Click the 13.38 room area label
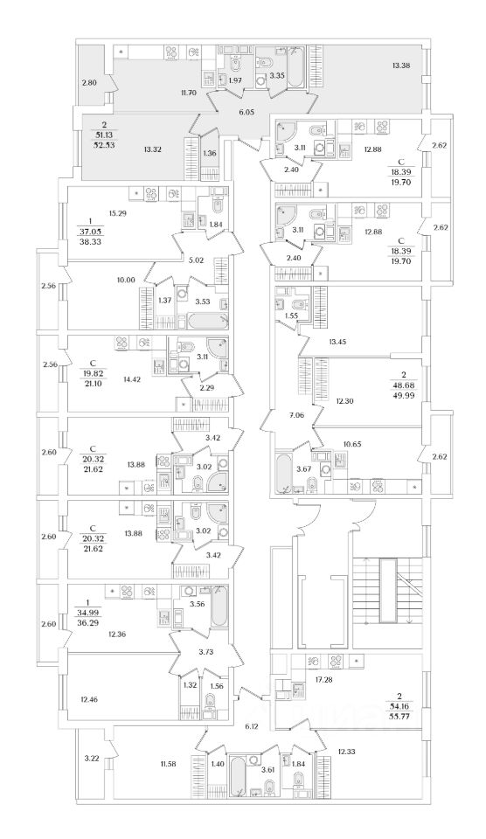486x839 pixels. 400,66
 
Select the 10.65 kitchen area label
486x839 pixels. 354,444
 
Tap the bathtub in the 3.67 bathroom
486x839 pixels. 282,473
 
